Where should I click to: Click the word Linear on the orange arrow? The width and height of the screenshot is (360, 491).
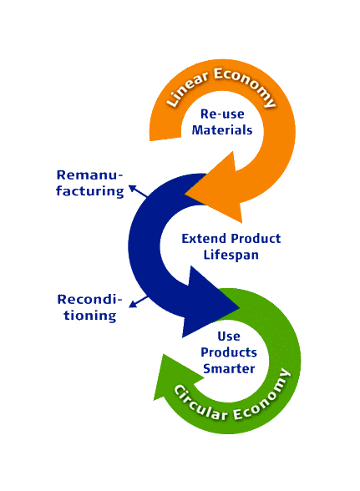pyautogui.click(x=187, y=89)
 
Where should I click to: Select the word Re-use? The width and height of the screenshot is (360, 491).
pyautogui.click(x=222, y=114)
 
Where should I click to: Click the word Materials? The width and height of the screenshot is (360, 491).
pyautogui.click(x=222, y=130)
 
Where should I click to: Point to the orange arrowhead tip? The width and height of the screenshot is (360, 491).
pyautogui.click(x=185, y=194)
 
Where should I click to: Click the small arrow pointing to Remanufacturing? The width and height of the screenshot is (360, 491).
pyautogui.click(x=138, y=191)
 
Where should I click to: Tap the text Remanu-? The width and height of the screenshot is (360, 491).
pyautogui.click(x=89, y=175)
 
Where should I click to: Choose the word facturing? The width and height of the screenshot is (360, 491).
pyautogui.click(x=90, y=191)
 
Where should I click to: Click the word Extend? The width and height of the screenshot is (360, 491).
pyautogui.click(x=204, y=239)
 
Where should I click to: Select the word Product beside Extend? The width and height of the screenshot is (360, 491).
pyautogui.click(x=256, y=239)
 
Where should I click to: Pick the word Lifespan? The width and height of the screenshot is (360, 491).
pyautogui.click(x=231, y=255)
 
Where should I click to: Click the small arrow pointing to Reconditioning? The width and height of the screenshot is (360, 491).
pyautogui.click(x=139, y=301)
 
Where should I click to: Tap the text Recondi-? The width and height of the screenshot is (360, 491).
pyautogui.click(x=89, y=299)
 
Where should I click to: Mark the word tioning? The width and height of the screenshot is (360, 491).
pyautogui.click(x=90, y=316)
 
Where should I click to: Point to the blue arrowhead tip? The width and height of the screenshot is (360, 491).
pyautogui.click(x=240, y=307)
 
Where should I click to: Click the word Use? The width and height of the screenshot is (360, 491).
pyautogui.click(x=229, y=337)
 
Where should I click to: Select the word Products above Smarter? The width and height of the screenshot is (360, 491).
pyautogui.click(x=229, y=352)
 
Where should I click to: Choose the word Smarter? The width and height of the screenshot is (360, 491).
pyautogui.click(x=229, y=368)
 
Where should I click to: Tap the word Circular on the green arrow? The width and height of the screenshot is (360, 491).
pyautogui.click(x=200, y=404)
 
